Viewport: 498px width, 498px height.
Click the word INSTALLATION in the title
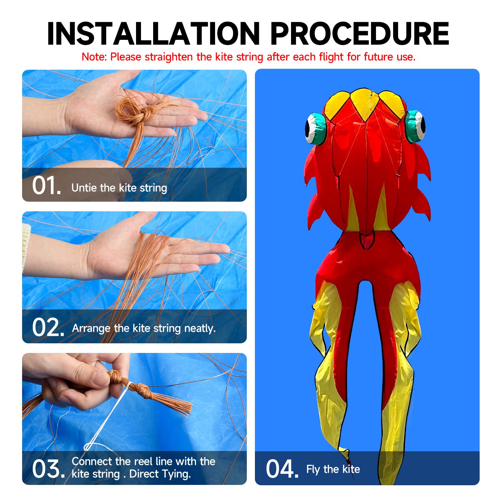click(153, 34)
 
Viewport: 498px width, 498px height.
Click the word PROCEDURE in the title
click(360, 34)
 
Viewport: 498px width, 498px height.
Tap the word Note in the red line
click(94, 57)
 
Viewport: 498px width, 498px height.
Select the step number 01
click(46, 186)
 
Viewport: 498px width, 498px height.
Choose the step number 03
click(48, 469)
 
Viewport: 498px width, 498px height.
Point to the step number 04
click(282, 469)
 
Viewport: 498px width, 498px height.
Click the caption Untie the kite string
click(119, 188)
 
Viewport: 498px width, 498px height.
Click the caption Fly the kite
click(333, 469)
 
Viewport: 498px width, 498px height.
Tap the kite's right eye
click(415, 126)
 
